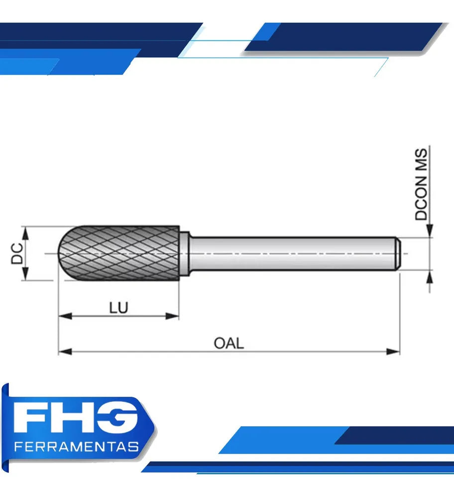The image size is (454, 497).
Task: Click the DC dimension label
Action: pos(17,253)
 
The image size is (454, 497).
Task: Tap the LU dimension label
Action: pos(118,308)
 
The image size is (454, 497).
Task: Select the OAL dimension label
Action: pos(228,343)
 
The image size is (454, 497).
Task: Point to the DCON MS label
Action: pos(421,184)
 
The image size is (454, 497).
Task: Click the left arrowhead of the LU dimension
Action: pos(65,316)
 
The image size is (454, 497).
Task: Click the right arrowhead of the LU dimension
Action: pos(172,316)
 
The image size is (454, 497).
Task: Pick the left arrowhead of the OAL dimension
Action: pos(65,351)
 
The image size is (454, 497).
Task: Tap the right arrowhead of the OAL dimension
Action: pos(393,351)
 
